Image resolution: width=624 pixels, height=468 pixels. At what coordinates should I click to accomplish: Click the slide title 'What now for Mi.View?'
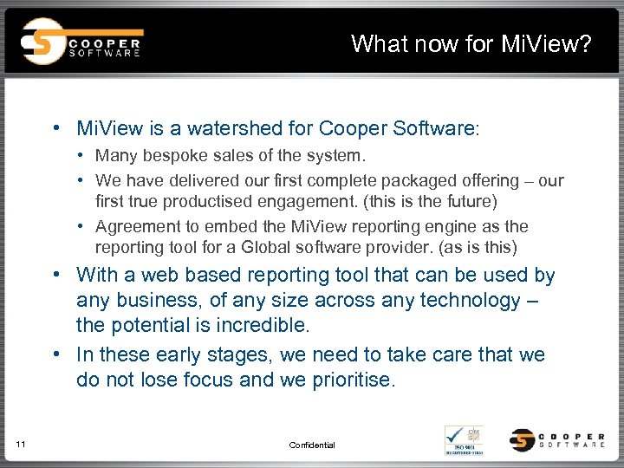tap(471, 43)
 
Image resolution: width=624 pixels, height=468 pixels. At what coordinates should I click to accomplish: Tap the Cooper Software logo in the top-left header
tap(82, 42)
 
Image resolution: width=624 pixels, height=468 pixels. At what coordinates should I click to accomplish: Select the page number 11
tap(22, 445)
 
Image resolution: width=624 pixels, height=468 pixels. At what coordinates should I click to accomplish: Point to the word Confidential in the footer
tap(312, 445)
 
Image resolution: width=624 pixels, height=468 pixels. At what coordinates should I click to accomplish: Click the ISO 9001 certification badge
tap(465, 440)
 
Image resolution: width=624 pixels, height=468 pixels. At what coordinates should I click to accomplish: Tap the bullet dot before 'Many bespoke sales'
tap(81, 156)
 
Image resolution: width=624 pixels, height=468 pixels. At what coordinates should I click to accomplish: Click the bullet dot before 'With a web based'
tap(56, 276)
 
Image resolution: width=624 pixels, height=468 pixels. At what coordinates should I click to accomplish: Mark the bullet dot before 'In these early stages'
tap(56, 355)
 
